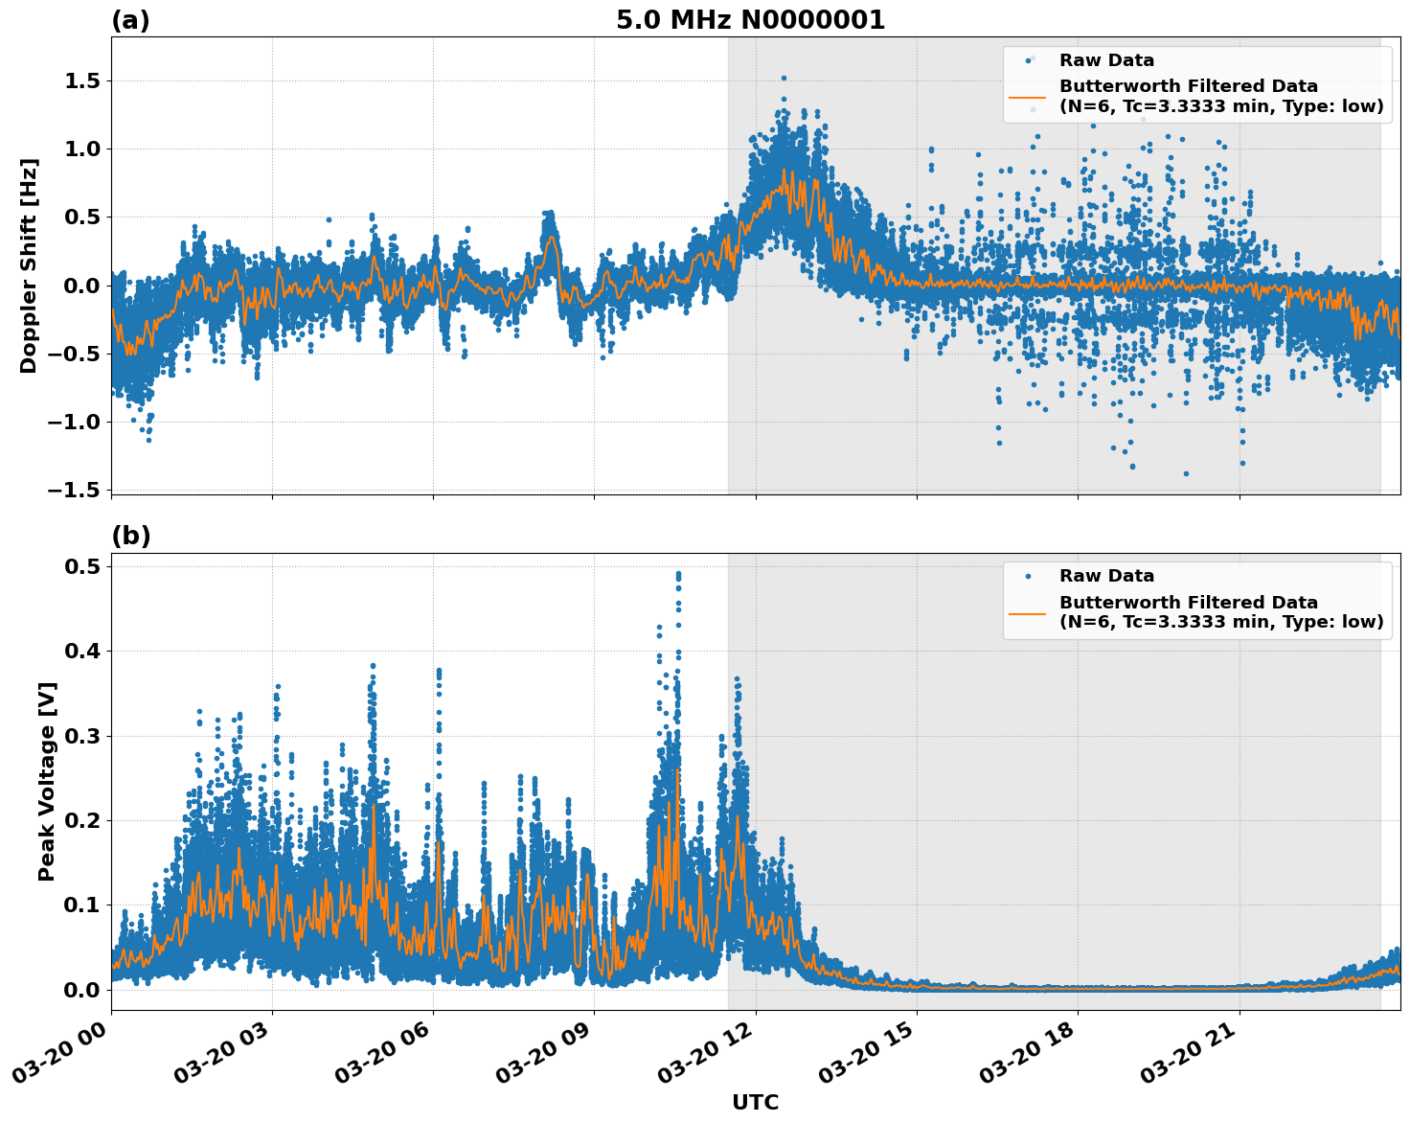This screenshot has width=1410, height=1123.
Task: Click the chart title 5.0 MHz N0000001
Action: click(x=750, y=20)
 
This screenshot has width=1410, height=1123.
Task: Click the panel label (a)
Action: click(x=130, y=20)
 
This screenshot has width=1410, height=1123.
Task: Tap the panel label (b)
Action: click(x=130, y=536)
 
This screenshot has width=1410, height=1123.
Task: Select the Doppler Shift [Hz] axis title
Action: click(x=29, y=265)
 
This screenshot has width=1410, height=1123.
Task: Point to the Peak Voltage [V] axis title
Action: click(x=46, y=781)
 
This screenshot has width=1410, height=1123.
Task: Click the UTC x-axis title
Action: click(x=755, y=1102)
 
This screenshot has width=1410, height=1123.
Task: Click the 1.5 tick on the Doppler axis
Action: click(x=82, y=81)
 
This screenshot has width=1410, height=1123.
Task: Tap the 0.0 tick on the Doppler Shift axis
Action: click(x=82, y=286)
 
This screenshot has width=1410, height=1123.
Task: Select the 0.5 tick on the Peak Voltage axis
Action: click(x=82, y=566)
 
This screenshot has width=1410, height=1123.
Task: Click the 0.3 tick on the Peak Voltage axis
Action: click(x=82, y=736)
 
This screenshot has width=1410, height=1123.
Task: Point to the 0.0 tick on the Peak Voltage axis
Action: click(x=82, y=990)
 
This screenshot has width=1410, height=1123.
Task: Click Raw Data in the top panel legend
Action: click(x=1106, y=60)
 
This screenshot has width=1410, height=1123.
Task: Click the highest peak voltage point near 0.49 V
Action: click(x=678, y=574)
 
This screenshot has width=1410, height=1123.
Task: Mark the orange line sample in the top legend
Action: click(x=1028, y=97)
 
